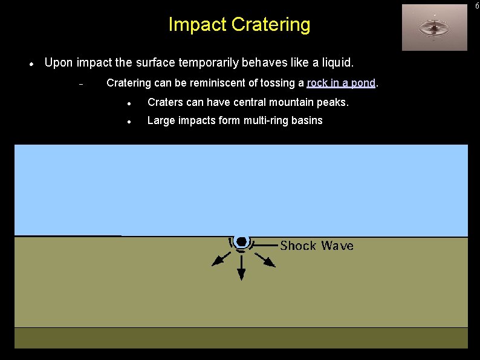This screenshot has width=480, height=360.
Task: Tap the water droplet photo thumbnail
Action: coord(434,27)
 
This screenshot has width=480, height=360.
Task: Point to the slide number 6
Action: coord(476,5)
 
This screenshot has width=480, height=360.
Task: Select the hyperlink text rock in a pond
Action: coord(342,83)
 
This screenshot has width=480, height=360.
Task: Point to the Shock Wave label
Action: coord(317,246)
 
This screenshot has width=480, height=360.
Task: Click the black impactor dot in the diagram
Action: coord(241,241)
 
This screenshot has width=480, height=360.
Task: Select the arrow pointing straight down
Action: coord(241,268)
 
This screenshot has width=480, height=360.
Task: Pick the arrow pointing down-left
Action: coord(220,259)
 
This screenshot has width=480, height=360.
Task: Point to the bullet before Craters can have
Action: coord(129,103)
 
